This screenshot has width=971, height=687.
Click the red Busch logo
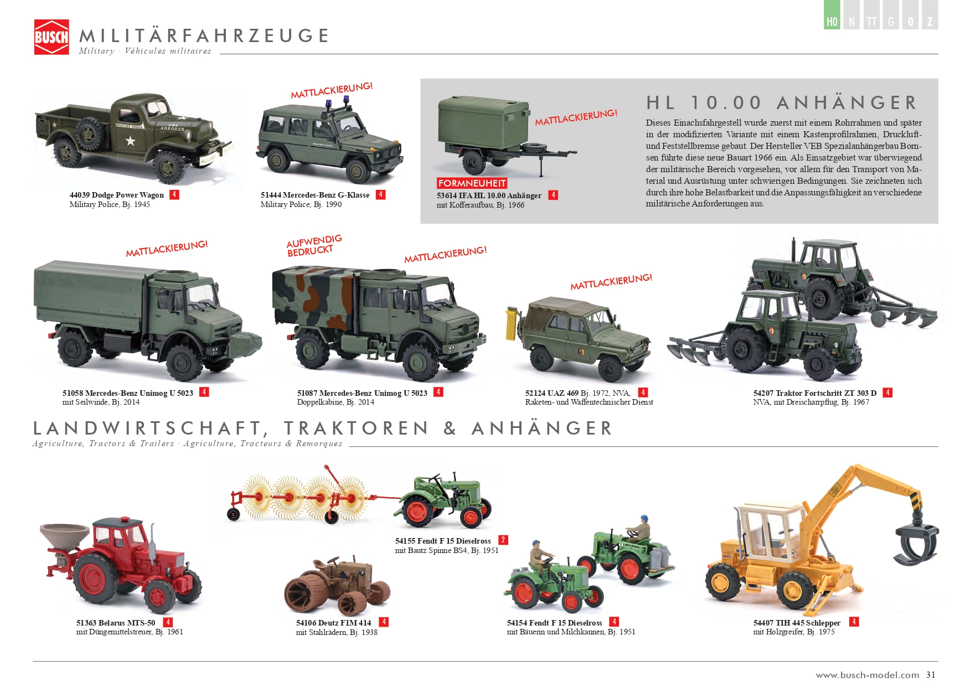(x=51, y=37)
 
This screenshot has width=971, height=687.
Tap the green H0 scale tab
(x=831, y=15)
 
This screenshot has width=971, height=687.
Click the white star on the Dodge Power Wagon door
(x=130, y=141)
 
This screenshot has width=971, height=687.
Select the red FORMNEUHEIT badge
(x=472, y=183)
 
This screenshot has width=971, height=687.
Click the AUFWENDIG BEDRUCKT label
(x=314, y=245)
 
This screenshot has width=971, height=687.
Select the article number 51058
(x=73, y=393)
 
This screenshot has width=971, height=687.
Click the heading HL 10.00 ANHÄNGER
(x=782, y=103)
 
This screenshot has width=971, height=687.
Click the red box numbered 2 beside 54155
(x=503, y=540)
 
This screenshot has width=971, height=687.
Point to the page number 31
(x=931, y=674)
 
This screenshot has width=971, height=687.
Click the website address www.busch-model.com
(x=867, y=675)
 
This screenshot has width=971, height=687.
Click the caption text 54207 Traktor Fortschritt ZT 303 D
(x=815, y=393)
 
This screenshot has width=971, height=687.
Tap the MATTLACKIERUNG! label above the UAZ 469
(x=612, y=282)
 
